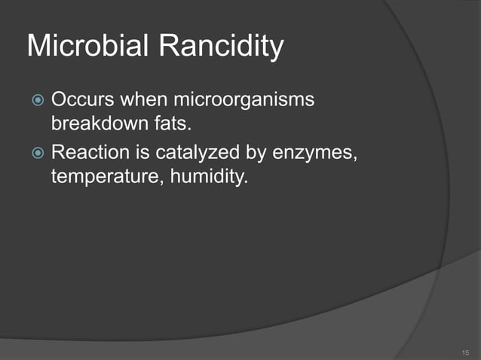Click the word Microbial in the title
tap(89, 47)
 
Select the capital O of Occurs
tap(57, 100)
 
